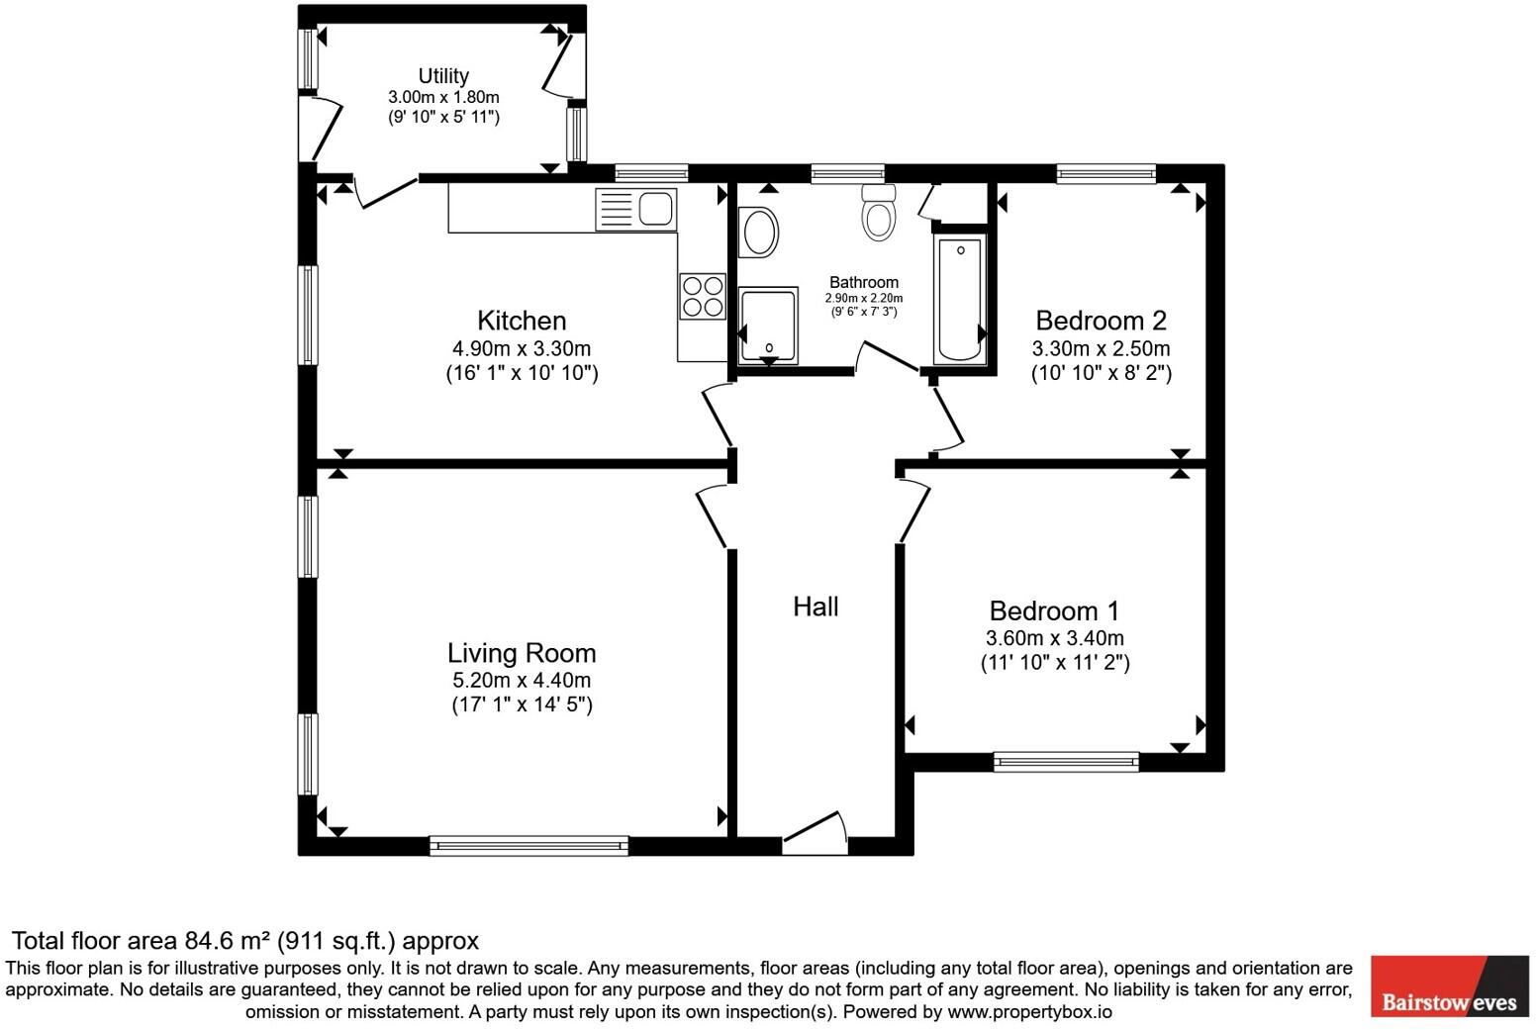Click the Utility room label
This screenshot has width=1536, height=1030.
[x=442, y=76]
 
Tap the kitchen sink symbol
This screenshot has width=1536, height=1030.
[x=635, y=210]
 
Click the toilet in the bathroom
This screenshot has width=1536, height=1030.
[x=878, y=213]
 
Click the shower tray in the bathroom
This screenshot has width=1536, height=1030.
[x=768, y=326]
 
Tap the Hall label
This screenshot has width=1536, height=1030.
[x=816, y=607]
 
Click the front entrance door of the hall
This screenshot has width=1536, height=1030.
[x=816, y=837]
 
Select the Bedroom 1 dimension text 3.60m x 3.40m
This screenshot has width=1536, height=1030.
[x=1054, y=638]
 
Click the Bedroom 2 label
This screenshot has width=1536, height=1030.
[x=1101, y=321]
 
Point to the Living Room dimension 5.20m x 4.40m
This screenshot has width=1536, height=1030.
[x=522, y=680]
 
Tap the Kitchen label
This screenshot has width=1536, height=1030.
[x=522, y=321]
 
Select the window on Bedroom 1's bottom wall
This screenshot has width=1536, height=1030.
[x=1066, y=761]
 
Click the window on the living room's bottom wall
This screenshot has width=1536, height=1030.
[x=528, y=845]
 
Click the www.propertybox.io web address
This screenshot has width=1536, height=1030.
[x=1029, y=1012]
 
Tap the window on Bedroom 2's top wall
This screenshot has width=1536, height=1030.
[x=1105, y=174]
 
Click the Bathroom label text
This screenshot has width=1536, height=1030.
[x=864, y=282]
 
